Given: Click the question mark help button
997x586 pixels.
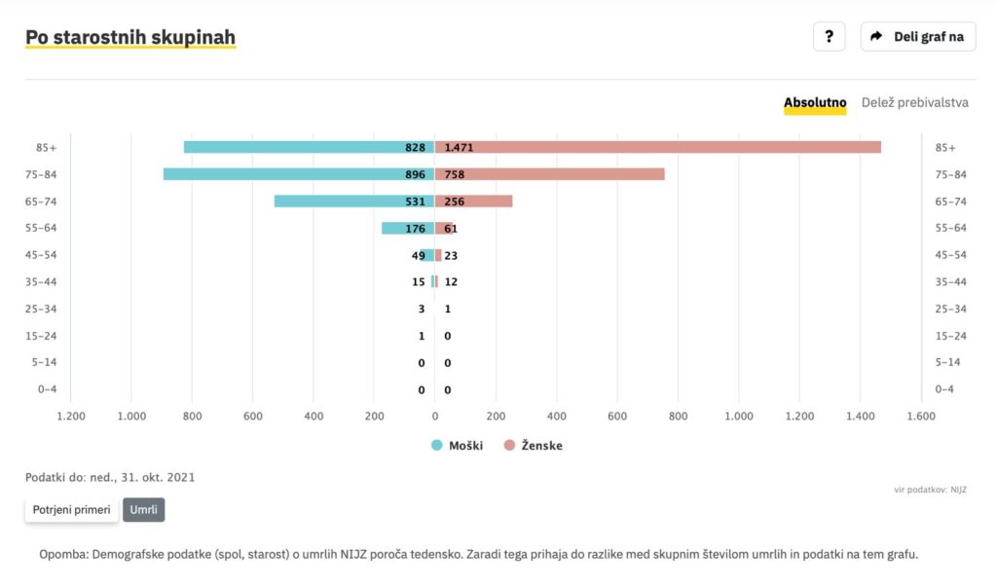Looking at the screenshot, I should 829,37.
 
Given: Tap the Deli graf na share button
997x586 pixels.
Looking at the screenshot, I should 917,37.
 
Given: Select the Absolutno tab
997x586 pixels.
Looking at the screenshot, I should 815,103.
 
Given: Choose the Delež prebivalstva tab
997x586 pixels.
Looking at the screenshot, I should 914,103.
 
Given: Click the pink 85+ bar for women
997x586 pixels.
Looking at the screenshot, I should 682,147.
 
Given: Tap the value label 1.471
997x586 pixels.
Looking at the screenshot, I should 459,148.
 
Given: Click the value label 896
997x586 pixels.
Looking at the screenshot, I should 416,175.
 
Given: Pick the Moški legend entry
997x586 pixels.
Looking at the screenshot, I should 457,446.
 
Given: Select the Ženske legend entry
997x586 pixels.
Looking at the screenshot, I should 533,446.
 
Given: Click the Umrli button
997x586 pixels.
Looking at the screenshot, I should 143,510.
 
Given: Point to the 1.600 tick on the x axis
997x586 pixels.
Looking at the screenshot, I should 921,416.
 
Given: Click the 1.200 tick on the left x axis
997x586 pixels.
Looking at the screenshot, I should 71,416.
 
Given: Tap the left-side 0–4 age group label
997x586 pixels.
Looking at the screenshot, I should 46,389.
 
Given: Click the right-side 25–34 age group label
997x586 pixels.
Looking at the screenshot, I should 950,309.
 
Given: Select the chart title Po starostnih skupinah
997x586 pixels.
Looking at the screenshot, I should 130,38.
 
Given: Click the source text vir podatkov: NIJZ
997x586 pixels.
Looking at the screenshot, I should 931,489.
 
